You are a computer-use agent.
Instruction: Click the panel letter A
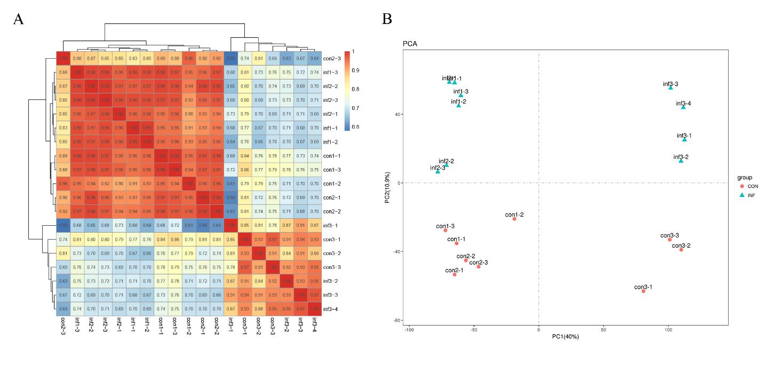[x=19, y=20]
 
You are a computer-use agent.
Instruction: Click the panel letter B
[x=387, y=20]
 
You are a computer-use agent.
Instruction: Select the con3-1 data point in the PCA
[x=643, y=291]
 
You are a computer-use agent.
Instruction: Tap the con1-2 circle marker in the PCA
[x=514, y=219]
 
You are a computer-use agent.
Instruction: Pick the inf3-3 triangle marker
[x=671, y=87]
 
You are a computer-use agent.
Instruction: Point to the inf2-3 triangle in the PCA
[x=437, y=171]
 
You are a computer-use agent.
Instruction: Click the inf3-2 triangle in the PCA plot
[x=681, y=160]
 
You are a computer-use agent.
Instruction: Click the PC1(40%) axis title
[x=566, y=337]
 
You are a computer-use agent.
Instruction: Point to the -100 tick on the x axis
[x=409, y=330]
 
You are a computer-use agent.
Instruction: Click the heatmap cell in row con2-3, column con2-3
[x=63, y=58]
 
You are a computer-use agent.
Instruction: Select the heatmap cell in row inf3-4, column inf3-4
[x=315, y=308]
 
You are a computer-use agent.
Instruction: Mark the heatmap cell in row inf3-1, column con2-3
[x=63, y=225]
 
